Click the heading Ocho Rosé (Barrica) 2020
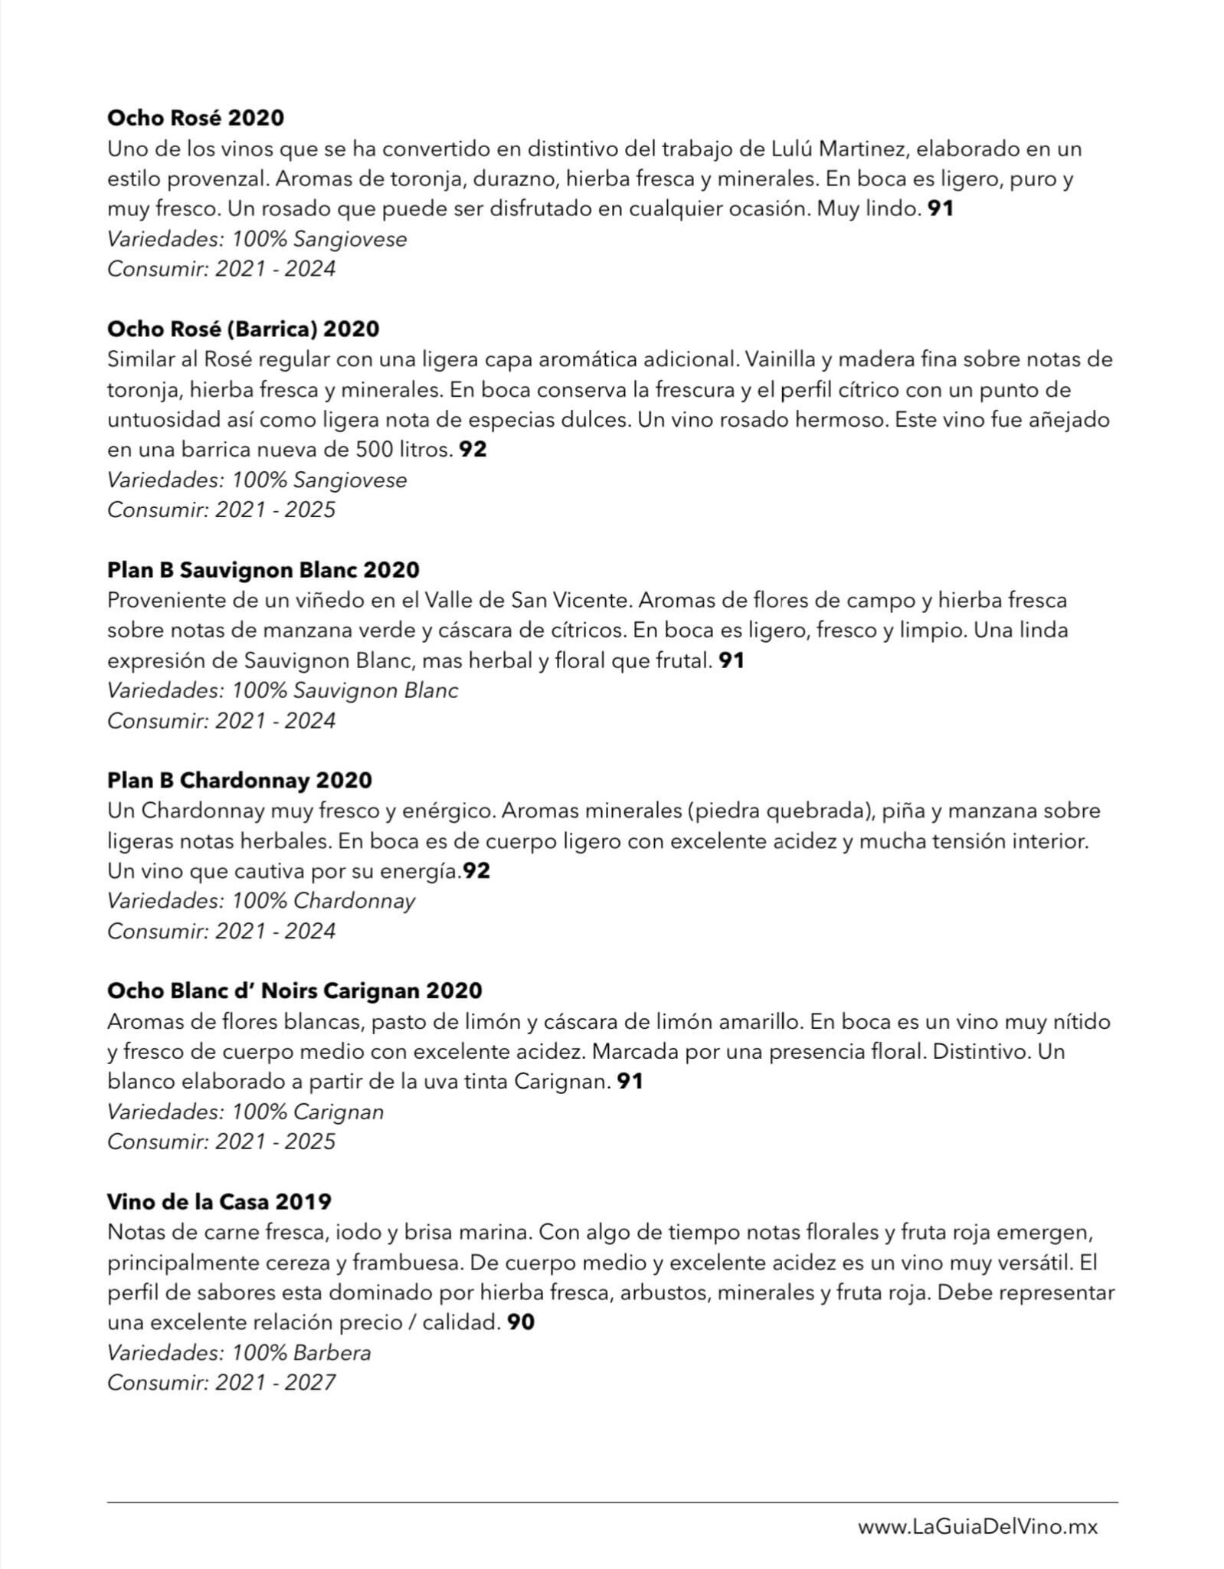coord(243,329)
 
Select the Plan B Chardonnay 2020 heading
coord(239,781)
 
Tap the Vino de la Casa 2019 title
coord(219,1201)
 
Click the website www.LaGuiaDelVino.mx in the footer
coord(977,1527)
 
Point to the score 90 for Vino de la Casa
coord(521,1322)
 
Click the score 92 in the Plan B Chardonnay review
coord(476,871)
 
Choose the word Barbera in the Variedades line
coord(332,1353)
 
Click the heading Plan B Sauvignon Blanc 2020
coord(263,570)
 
